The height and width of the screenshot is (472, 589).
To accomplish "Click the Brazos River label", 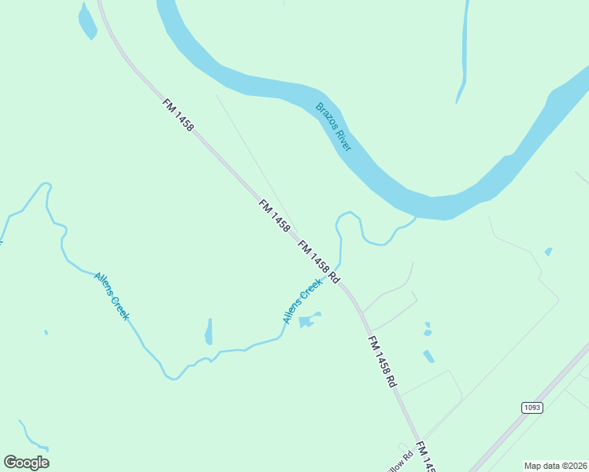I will (334, 127).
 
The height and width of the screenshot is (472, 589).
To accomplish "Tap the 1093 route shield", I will (532, 407).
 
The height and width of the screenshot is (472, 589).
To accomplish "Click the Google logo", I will (26, 463).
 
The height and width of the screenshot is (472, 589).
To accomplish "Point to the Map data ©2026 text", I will (555, 466).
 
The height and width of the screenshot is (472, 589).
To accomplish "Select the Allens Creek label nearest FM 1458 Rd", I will (303, 301).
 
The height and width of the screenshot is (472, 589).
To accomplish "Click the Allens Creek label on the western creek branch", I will (111, 296).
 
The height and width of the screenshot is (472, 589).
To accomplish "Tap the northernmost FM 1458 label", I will (178, 115).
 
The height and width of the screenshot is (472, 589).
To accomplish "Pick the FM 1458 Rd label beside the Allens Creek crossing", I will (318, 262).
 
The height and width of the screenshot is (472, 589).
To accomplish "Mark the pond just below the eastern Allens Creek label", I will (309, 320).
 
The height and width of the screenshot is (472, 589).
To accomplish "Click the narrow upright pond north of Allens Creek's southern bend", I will (209, 332).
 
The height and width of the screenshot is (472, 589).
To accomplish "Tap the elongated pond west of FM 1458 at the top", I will (87, 22).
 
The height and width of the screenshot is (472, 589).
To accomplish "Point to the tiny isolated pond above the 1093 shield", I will (548, 252).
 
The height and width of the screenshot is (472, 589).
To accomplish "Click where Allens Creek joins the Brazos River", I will (413, 219).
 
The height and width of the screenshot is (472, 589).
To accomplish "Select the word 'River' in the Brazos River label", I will (343, 140).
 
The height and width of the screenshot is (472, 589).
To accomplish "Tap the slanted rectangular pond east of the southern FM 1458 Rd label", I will (428, 356).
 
